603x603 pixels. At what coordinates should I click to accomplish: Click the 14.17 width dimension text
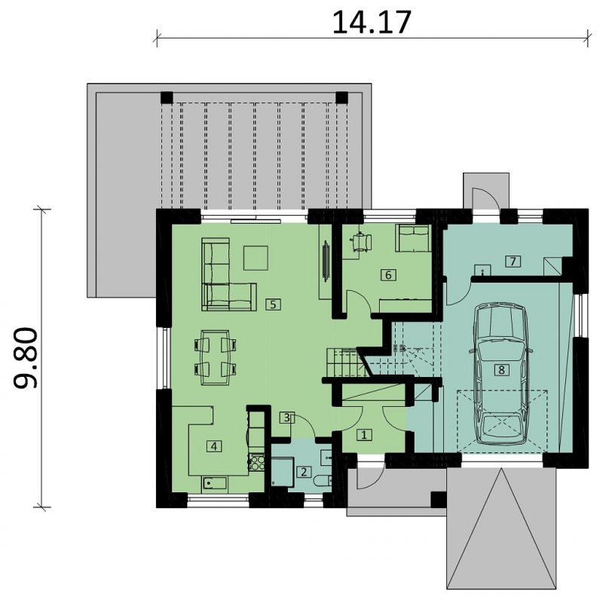point(372,23)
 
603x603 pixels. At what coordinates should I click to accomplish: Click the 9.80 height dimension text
point(26,357)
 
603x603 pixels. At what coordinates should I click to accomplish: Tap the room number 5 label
point(273,305)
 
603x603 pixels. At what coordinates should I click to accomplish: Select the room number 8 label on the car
point(501,370)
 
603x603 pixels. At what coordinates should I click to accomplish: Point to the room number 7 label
point(513,262)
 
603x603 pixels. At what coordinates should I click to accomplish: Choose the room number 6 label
point(388,275)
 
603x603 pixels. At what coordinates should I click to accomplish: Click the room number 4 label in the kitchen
point(214,446)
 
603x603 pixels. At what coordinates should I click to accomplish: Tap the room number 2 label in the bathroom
point(304,472)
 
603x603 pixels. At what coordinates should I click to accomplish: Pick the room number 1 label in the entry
point(364,435)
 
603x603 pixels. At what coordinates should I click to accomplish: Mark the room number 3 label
point(286,418)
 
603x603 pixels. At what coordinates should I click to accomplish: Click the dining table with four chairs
point(216,357)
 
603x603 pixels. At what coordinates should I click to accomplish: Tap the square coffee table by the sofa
point(256,258)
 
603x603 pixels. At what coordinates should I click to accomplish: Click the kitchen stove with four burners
point(257,462)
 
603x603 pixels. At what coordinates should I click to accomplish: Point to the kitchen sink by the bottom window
point(214,482)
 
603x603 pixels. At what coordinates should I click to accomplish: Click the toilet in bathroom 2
point(323,482)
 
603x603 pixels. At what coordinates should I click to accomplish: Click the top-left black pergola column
point(167,98)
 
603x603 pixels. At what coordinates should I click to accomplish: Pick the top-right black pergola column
point(342,98)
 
